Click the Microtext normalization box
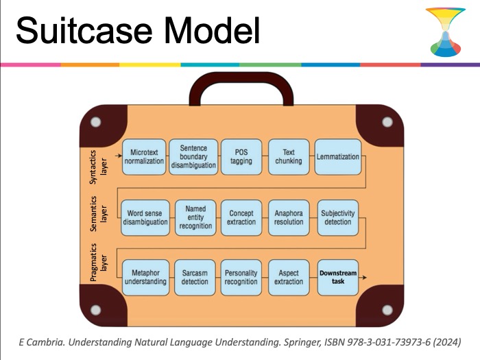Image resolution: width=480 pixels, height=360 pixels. coord(144,157)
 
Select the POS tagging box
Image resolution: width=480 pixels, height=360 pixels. coord(241,157)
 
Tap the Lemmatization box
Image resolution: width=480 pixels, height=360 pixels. coord(337,157)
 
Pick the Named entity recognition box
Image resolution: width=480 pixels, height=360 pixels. coord(195,217)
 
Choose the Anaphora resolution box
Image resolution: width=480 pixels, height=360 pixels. coord(289,217)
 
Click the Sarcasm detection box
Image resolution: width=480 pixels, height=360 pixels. coord(195,277)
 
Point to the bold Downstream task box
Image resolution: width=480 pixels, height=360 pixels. coord(338,277)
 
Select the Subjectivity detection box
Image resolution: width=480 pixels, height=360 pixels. coord(338,217)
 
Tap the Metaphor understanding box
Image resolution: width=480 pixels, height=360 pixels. coord(145,277)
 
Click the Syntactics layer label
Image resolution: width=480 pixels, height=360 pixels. coord(98,167)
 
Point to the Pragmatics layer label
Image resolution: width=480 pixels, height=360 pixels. coord(98,263)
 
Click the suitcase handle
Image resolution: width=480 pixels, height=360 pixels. coord(241,77)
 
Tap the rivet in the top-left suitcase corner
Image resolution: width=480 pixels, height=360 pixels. coord(96,122)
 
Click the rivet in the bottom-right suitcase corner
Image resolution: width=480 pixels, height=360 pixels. coord(387,310)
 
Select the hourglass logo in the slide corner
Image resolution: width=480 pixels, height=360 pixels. coord(446,32)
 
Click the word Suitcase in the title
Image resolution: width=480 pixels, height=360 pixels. coord(84,31)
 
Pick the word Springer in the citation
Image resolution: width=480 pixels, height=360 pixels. coord(301,342)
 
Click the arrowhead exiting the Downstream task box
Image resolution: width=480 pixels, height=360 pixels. coord(364,277)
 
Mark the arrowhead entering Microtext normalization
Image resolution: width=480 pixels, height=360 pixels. coord(120,156)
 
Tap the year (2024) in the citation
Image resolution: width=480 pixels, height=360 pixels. coord(447,342)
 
